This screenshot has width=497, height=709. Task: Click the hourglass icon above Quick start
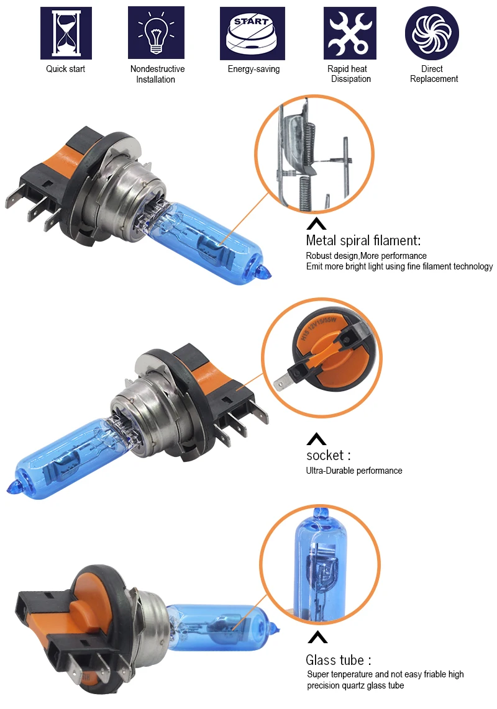[x=66, y=33]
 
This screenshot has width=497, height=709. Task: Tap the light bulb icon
[x=156, y=32]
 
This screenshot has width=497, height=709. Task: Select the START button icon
[x=253, y=34]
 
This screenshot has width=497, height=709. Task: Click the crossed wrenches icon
[x=350, y=33]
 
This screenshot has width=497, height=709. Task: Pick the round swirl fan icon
[x=432, y=33]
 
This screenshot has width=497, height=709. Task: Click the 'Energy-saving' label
[x=254, y=69]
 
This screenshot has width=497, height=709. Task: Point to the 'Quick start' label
[x=66, y=69]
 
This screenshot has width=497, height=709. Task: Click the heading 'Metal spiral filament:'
[x=363, y=240]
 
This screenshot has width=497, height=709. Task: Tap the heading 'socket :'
[x=328, y=455]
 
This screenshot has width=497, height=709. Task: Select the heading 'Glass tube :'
[x=339, y=660]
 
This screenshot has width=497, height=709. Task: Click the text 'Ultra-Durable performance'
[x=354, y=471]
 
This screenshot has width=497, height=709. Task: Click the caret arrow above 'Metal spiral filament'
[x=316, y=224]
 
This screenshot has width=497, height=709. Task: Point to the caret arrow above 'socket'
[x=316, y=438]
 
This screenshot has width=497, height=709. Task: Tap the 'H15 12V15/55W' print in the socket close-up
[x=318, y=328]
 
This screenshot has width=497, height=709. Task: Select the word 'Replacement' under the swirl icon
[x=434, y=79]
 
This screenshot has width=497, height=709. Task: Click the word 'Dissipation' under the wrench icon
[x=351, y=79]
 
